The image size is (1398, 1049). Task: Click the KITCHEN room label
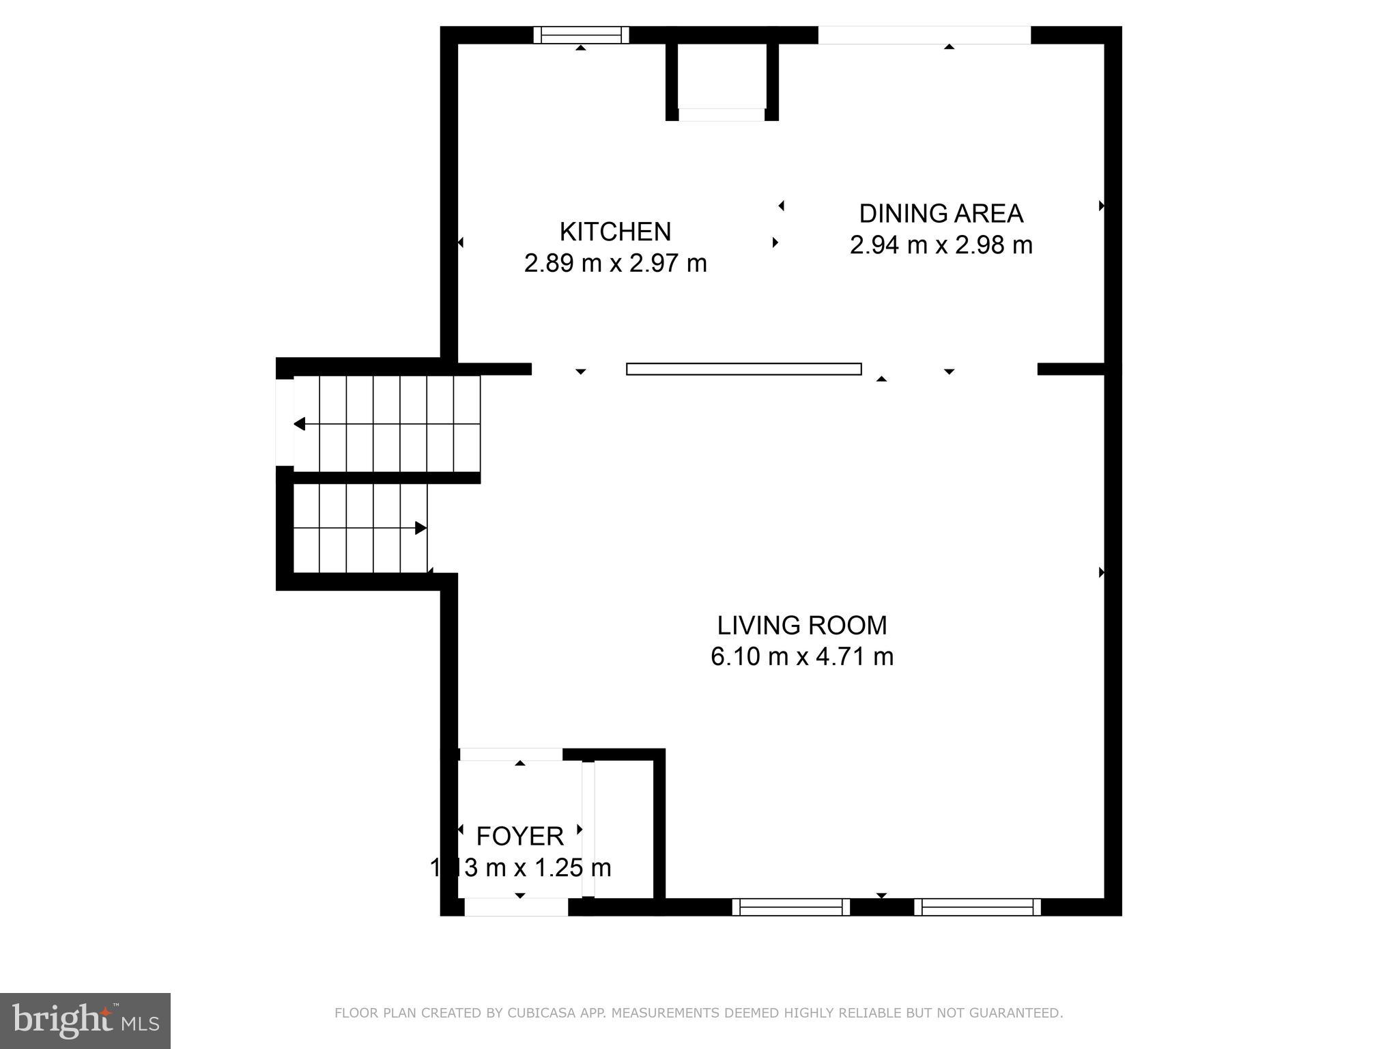pos(615,232)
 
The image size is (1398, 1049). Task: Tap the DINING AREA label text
pos(941,214)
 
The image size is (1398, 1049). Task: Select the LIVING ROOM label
pos(801,626)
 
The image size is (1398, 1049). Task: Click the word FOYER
pos(519,836)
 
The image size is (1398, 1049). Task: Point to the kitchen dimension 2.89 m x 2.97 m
pos(615,263)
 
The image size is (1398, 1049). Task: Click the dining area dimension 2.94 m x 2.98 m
pos(941,244)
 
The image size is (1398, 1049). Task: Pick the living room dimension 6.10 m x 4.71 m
pos(801,656)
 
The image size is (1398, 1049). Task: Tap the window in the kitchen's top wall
pos(581,35)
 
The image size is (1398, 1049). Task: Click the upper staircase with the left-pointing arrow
pos(387,423)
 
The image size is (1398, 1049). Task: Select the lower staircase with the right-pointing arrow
pos(360,528)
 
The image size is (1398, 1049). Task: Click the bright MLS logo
pos(85,1021)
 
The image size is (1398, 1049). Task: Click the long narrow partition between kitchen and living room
pos(743,369)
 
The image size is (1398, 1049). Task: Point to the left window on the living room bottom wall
pos(790,907)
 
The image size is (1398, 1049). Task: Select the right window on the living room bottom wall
pos(977,907)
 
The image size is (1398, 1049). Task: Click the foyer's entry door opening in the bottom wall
pos(517,907)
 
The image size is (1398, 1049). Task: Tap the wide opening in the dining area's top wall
pos(924,35)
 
